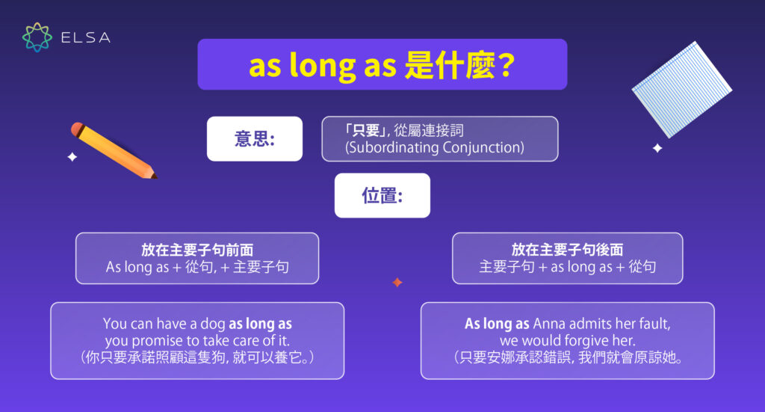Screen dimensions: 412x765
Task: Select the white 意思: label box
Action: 255,139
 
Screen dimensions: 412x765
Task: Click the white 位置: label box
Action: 382,196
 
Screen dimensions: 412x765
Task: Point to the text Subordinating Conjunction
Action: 435,148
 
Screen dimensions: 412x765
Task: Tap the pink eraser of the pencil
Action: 77,129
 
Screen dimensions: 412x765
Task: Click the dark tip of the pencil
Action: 154,176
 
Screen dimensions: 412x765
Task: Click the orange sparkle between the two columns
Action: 397,283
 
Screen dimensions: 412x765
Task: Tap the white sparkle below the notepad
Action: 657,148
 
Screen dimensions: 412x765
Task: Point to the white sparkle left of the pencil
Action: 72,157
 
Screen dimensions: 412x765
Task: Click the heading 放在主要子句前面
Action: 197,250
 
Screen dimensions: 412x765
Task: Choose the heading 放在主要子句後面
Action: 568,250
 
